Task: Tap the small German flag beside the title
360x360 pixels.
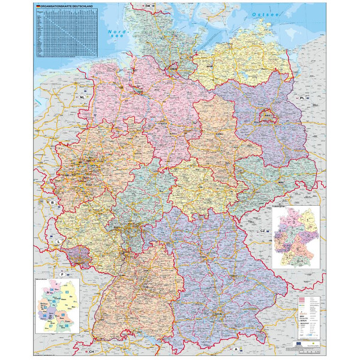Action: [39, 7]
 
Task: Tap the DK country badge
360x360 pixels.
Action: [148, 5]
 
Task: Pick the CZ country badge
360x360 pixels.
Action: [262, 231]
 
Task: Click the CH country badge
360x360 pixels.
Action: [91, 352]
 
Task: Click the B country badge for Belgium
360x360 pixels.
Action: [52, 203]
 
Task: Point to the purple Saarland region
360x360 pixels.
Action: [80, 256]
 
